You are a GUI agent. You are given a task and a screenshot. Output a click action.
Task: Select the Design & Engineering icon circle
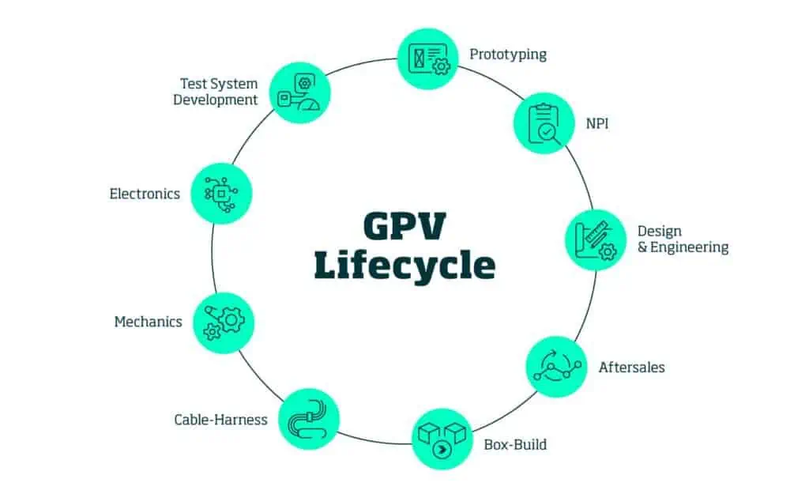tap(595, 239)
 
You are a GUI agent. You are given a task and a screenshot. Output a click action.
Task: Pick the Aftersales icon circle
tap(556, 367)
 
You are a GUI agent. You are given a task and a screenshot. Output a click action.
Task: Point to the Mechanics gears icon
tap(224, 322)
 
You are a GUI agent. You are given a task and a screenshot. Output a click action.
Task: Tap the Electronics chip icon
tap(222, 194)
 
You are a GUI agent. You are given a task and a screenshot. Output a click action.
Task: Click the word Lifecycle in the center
tap(404, 266)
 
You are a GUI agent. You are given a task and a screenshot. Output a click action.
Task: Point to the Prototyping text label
tap(508, 55)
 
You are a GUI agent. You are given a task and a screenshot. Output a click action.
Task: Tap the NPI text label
tap(596, 124)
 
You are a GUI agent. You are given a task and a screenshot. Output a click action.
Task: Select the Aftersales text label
tap(631, 368)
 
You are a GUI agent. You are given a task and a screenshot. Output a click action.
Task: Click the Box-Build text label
tap(515, 444)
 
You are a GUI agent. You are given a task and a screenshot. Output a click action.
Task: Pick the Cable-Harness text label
tap(220, 420)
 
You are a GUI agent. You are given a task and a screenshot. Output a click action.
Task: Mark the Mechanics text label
tap(148, 322)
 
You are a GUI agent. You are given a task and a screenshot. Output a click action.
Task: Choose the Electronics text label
tap(145, 194)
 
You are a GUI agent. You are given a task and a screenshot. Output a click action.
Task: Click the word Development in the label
tap(216, 100)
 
